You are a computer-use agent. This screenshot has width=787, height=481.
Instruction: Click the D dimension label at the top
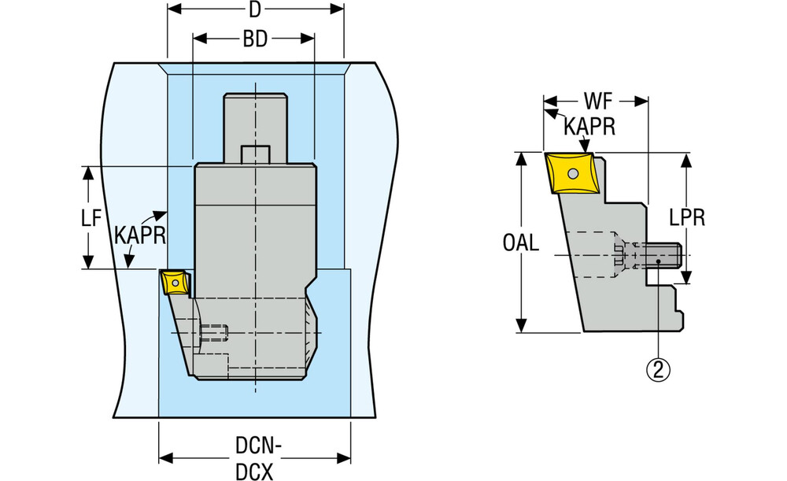[255, 10]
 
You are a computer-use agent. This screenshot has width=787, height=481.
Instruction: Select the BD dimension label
[254, 39]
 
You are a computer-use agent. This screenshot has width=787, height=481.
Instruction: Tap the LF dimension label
[92, 219]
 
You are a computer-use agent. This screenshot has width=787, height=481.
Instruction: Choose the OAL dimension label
[521, 243]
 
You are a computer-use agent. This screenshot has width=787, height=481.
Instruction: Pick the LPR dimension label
[688, 217]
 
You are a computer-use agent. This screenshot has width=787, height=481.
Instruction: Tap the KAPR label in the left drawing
[139, 235]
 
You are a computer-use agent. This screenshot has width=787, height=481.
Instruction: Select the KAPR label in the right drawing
[589, 127]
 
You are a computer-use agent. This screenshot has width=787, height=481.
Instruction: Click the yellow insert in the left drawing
[172, 280]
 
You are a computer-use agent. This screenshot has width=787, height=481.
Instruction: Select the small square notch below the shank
[255, 154]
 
